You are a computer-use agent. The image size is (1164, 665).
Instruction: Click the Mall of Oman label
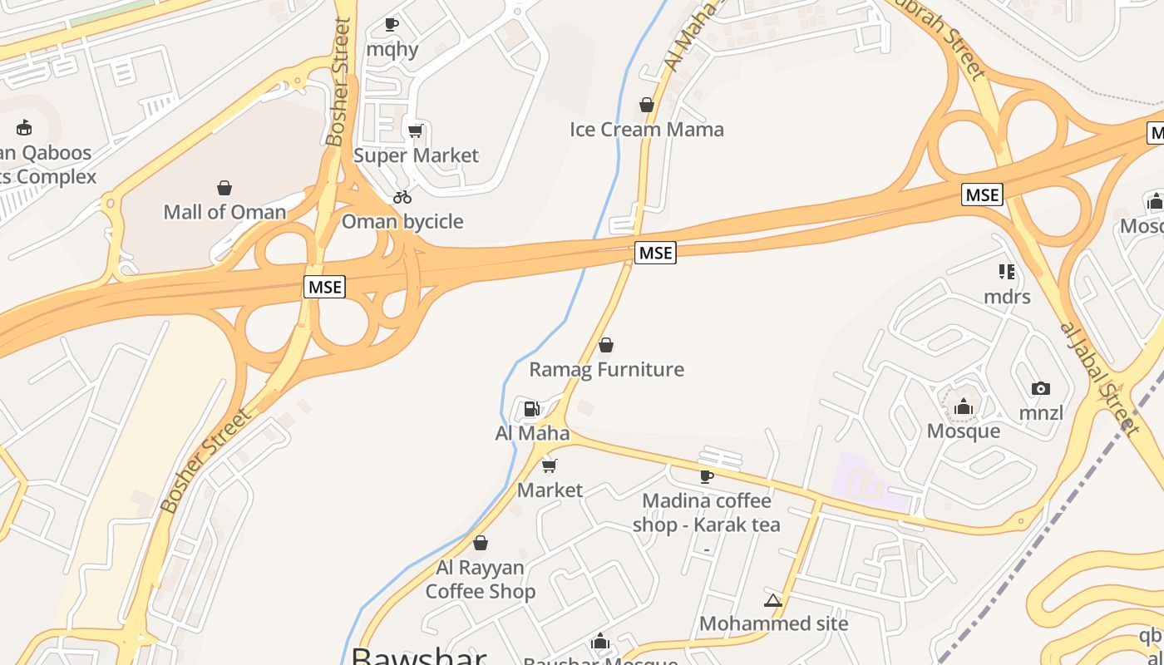pos(224,212)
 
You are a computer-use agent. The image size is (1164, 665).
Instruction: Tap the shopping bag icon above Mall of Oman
pos(224,188)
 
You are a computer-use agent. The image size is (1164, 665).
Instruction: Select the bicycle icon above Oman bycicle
pos(402,197)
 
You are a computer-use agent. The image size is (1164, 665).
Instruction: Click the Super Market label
pos(416,155)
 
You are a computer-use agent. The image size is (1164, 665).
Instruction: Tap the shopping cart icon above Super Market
pos(415,131)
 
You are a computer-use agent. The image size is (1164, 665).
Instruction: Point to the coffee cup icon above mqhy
pos(392,25)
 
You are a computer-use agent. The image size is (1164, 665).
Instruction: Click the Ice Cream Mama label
pos(646,130)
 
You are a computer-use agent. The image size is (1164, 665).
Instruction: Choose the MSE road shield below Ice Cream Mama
pos(655,253)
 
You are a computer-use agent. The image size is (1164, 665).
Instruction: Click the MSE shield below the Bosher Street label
pos(324,287)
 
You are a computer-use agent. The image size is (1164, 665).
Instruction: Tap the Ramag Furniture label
pos(606,369)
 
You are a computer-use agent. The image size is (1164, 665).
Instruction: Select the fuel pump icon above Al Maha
pos(531,408)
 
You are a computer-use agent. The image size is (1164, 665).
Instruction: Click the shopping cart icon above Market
pos(549,465)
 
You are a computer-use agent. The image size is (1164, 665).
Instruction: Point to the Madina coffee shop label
pos(706,513)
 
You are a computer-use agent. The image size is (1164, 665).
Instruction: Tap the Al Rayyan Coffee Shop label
pos(481,579)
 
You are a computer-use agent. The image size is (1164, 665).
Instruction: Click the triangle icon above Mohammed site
pos(772,600)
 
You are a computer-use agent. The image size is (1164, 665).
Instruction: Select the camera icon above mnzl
pos(1040,388)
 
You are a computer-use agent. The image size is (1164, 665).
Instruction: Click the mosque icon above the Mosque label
pos(964,406)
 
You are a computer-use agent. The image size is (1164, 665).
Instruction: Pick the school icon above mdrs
pos(1007,272)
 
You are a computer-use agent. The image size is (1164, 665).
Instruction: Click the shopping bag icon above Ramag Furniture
pos(606,345)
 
